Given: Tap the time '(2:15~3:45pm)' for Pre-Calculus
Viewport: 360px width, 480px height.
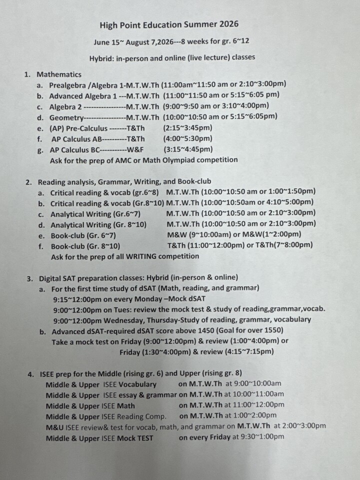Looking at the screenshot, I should pos(187,127).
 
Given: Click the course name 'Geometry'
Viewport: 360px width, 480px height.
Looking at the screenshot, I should pos(65,117).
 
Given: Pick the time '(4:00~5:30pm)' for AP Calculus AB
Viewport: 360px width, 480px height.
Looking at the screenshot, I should pos(187,138).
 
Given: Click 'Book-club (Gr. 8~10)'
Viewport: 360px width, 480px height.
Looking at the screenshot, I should pos(85,245).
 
